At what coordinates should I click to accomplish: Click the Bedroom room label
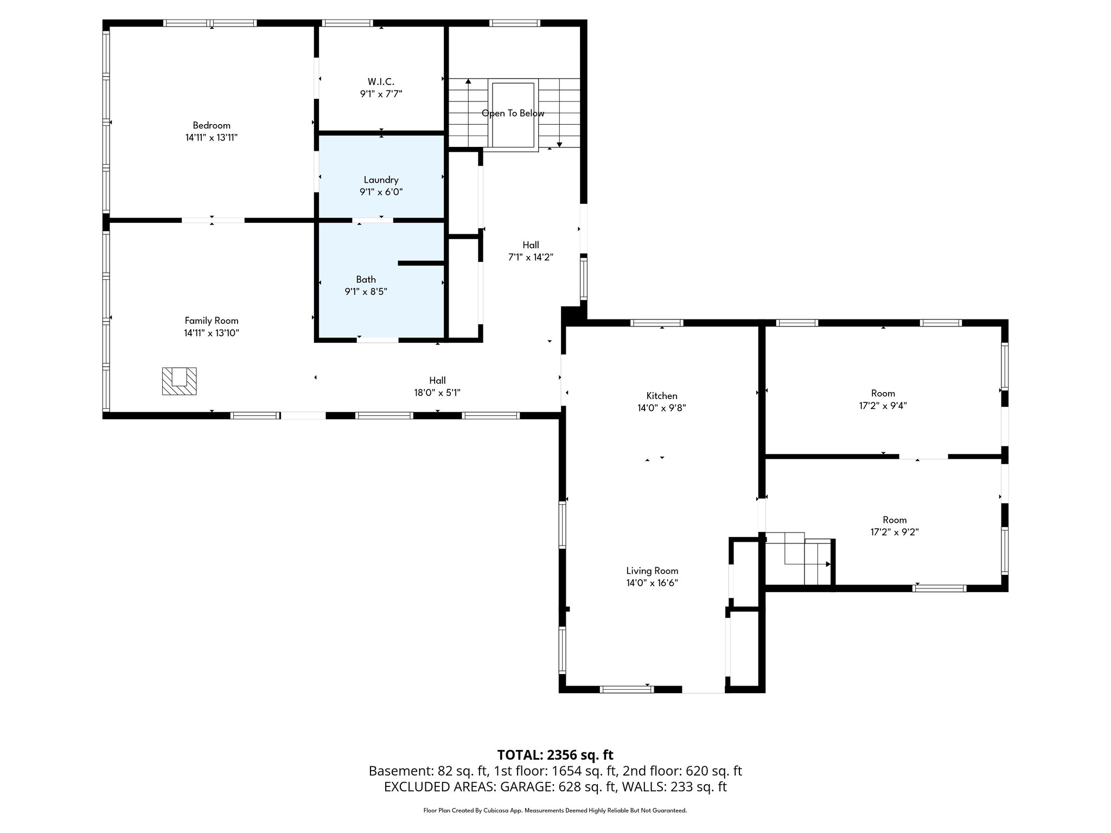point(212,125)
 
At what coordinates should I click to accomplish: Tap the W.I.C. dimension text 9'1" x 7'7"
point(381,94)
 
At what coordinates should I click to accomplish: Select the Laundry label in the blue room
point(381,180)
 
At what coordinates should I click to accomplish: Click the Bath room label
point(366,279)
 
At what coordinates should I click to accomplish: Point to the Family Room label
point(212,321)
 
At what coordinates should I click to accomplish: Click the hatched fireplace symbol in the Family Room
point(179,381)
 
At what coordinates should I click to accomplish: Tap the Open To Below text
point(513,113)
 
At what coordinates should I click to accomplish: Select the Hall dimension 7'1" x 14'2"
point(530,258)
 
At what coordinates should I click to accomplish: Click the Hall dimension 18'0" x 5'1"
point(437,393)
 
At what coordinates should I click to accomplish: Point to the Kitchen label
point(661,396)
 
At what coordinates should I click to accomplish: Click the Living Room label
point(652,571)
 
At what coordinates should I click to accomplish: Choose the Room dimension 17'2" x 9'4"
point(883,406)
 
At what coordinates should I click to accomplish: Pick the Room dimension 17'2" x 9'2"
point(894,532)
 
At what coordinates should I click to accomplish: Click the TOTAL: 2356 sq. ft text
point(555,755)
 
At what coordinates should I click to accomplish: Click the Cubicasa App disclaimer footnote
point(555,811)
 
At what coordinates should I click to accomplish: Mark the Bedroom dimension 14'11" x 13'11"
point(212,138)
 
